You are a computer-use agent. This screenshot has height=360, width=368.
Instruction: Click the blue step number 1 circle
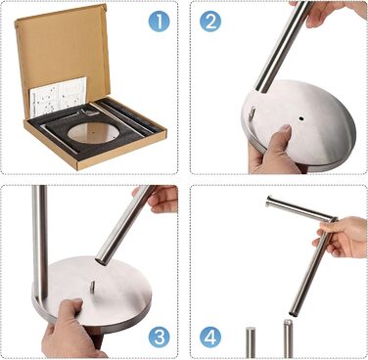[x=160, y=22]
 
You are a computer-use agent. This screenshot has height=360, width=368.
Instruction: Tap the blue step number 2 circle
[x=210, y=22]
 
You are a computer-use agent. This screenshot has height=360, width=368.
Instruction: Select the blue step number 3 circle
[x=160, y=337]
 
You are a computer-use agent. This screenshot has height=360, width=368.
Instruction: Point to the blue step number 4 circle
[x=210, y=337]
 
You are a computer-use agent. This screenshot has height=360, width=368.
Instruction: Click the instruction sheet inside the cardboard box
[x=59, y=96]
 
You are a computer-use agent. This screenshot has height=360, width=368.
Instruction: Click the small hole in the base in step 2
[x=300, y=116]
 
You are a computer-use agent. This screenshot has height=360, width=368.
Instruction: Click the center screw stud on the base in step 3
[x=92, y=287]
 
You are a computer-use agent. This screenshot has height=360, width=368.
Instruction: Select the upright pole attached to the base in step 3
[x=40, y=243]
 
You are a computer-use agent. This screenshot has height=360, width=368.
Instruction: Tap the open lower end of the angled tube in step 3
[x=101, y=260]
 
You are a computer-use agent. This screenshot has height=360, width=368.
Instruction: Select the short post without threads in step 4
[x=251, y=342]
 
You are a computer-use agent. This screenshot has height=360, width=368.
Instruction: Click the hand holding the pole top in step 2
[x=330, y=13]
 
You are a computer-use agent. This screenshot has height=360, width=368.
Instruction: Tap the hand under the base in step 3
[x=70, y=330]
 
